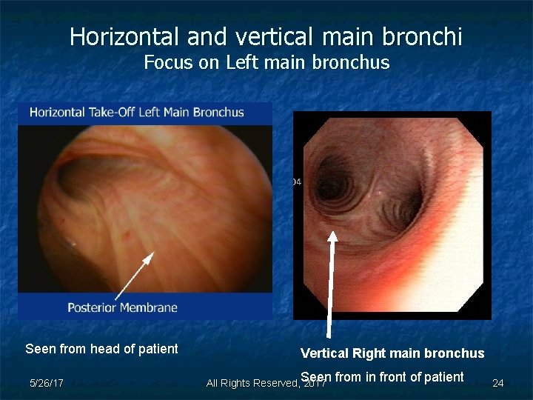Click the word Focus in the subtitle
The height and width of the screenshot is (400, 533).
click(x=167, y=62)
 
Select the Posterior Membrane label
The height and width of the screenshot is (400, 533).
click(x=122, y=307)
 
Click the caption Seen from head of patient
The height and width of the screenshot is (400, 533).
click(x=101, y=349)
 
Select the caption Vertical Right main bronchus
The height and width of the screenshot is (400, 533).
click(x=392, y=353)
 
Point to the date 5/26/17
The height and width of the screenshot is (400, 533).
click(x=46, y=383)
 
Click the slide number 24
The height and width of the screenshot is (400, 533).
click(x=498, y=383)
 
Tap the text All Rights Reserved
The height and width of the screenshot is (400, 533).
click(x=252, y=383)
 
